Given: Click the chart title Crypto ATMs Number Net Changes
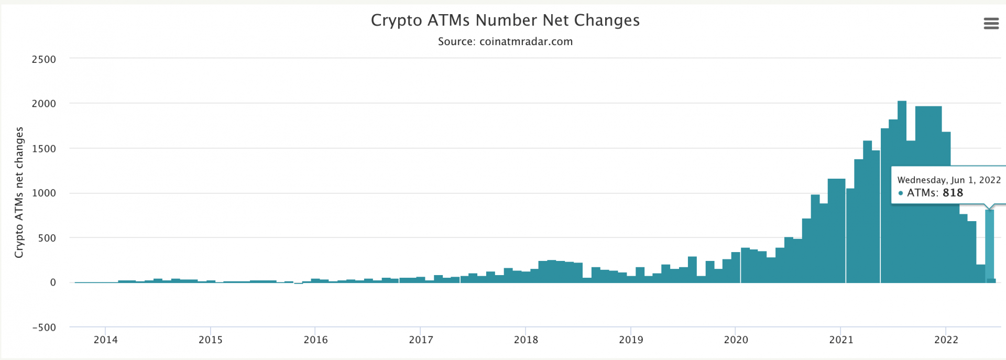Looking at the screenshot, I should coord(505,20).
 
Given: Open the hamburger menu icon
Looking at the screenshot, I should coord(991,24).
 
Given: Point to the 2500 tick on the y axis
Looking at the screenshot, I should coord(44,60).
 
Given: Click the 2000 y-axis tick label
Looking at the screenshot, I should coord(44,104).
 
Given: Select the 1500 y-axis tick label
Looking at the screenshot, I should coord(44,149).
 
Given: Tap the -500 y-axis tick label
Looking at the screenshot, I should coord(44,328).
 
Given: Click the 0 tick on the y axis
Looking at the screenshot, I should coord(53,283).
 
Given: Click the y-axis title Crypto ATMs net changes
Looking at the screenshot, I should coord(19,192).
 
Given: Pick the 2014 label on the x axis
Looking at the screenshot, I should coord(105,340).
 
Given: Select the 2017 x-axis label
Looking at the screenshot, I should coord(421,340).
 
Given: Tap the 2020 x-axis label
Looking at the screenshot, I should coord(736,340).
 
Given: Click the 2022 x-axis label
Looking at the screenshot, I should coord(946,340).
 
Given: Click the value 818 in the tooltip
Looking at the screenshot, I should coord(953,193).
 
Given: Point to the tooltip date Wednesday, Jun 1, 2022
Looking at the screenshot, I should coord(949,180).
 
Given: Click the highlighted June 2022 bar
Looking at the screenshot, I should coord(989,246).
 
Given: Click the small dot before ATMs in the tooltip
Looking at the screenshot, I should coord(901,193).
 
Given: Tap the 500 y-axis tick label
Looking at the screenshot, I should coord(47,238).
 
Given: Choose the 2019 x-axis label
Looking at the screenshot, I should coord(631,340).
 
